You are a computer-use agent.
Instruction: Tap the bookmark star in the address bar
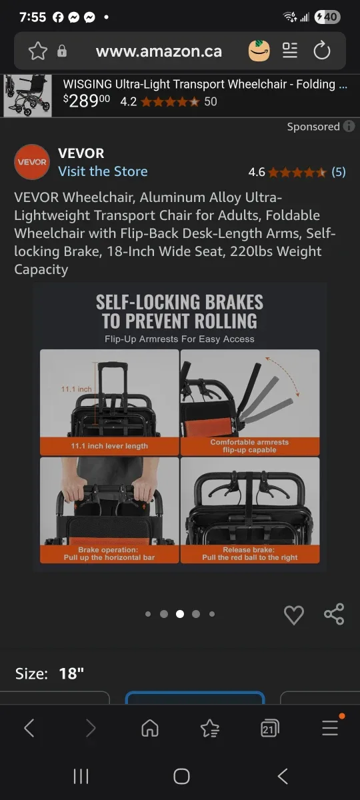coord(38,51)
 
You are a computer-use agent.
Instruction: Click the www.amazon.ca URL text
coord(159,51)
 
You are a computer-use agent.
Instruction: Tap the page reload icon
coord(322,51)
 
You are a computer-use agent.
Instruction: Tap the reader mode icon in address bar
coord(290,51)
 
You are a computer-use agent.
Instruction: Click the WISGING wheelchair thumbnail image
coord(27,95)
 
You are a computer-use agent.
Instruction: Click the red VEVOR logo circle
coord(32,162)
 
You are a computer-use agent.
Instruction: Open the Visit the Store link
coord(103,171)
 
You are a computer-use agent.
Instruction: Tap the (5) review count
coord(339,172)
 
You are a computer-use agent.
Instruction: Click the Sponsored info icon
coord(349,127)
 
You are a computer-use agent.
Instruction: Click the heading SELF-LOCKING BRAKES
coord(179,302)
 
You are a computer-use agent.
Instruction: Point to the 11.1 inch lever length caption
coord(109,446)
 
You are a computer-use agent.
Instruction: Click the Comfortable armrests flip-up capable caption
coord(249,446)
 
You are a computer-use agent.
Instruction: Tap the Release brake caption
coord(250,553)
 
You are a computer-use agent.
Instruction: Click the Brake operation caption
coord(109,553)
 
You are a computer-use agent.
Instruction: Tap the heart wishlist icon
coord(294,615)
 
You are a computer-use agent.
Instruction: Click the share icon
coord(334,614)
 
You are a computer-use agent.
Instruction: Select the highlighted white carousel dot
coord(180,614)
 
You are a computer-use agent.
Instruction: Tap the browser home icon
coord(150,729)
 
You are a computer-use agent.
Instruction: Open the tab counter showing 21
coord(269,729)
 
